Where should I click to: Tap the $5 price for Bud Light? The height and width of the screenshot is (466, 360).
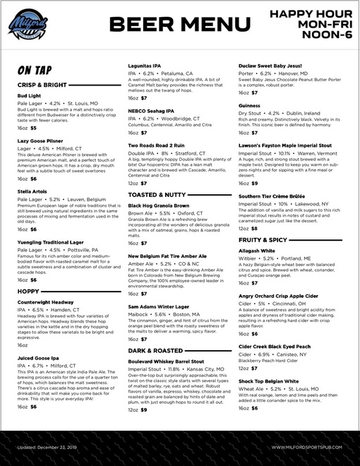point(33,128)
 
